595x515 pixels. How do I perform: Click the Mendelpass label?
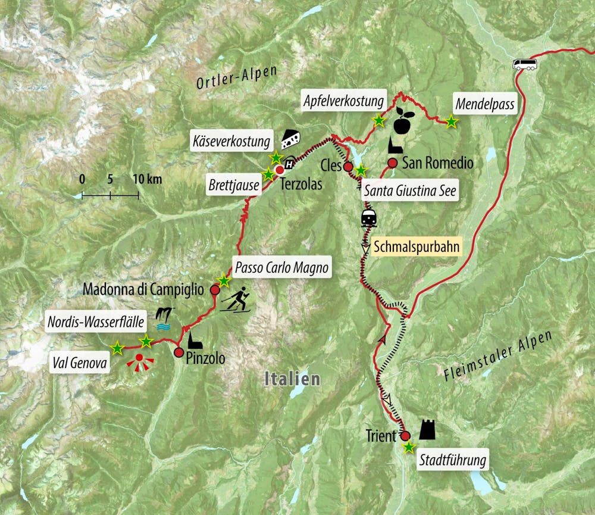[x=484, y=104]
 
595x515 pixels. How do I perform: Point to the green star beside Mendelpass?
[x=452, y=123]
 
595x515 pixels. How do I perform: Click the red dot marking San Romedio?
[x=392, y=163]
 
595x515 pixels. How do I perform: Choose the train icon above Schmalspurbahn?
[x=369, y=218]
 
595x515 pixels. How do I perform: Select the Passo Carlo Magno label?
[x=281, y=268]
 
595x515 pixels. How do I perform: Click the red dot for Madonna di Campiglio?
[x=215, y=289]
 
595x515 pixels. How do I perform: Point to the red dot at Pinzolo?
[x=179, y=352]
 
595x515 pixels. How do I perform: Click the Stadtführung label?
[x=453, y=460]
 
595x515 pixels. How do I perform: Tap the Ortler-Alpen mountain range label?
[x=237, y=77]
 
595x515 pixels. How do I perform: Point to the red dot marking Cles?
[x=348, y=167]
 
